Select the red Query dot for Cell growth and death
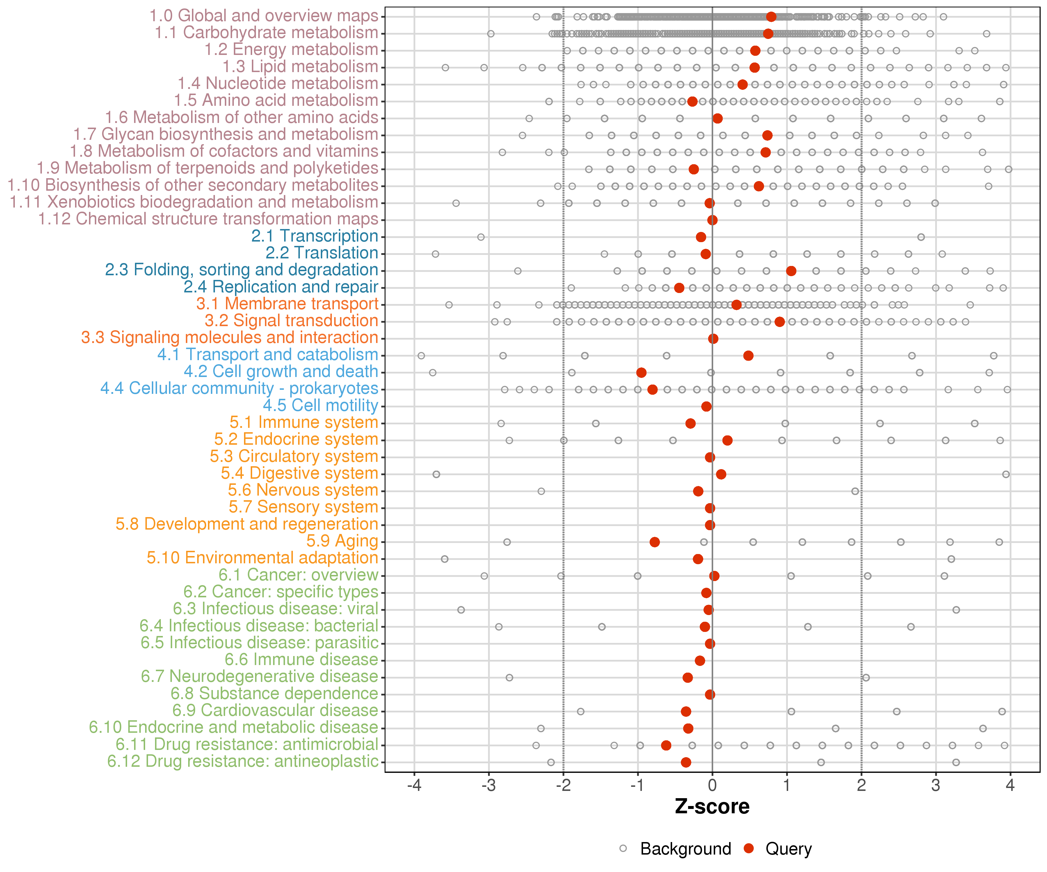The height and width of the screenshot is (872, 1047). pyautogui.click(x=641, y=373)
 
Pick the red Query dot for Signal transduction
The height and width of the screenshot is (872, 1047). pyautogui.click(x=780, y=322)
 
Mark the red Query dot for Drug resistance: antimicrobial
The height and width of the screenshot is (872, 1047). pyautogui.click(x=666, y=746)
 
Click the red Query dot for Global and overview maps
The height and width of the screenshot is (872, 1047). pyautogui.click(x=771, y=17)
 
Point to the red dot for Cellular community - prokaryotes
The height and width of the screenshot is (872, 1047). pyautogui.click(x=652, y=390)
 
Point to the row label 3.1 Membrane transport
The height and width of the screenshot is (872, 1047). pyautogui.click(x=287, y=304)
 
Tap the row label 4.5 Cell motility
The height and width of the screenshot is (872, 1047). pyautogui.click(x=320, y=405)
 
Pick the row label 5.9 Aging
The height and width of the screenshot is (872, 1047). pyautogui.click(x=342, y=541)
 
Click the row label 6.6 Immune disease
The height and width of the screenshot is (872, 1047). pyautogui.click(x=301, y=660)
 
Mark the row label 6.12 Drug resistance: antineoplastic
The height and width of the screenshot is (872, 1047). pyautogui.click(x=243, y=761)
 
